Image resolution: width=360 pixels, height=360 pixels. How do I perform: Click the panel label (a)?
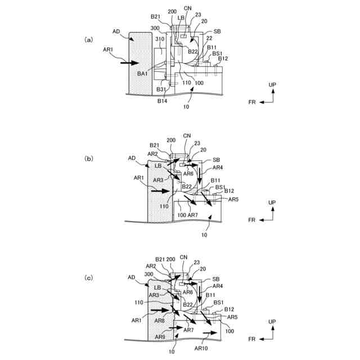[x=88, y=40]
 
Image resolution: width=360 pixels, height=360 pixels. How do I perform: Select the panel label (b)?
[x=88, y=159]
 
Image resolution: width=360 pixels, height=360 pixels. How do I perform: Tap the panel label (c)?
[x=88, y=278]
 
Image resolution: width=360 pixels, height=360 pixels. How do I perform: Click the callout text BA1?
[x=142, y=73]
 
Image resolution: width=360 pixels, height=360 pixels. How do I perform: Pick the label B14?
[x=163, y=102]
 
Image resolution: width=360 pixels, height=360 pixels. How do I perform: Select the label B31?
[x=161, y=89]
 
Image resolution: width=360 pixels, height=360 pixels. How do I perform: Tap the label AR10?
[x=201, y=348]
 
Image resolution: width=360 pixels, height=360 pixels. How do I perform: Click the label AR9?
[x=160, y=336]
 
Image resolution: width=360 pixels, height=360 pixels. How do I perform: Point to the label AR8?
[x=160, y=321]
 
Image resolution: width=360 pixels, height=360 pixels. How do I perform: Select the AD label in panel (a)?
[x=116, y=31]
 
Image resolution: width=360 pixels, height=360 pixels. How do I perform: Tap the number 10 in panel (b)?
[x=204, y=235]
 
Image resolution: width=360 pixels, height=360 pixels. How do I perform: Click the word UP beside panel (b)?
[x=272, y=202]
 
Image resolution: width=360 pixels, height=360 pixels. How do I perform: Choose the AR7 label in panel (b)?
[x=192, y=215]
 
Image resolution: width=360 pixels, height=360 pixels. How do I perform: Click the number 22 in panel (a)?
[x=209, y=38]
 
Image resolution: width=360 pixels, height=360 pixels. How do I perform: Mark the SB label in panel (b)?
[x=217, y=160]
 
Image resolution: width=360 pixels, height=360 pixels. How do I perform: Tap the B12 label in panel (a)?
[x=223, y=58]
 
